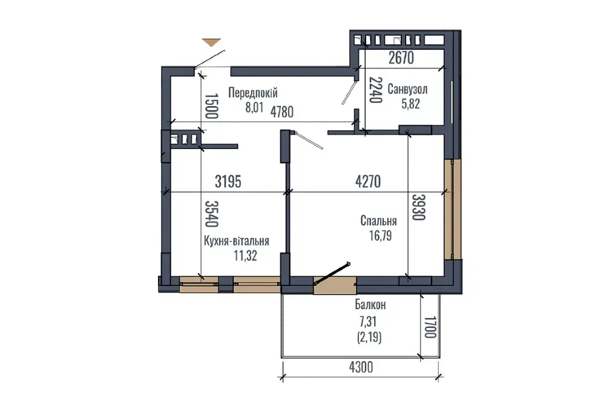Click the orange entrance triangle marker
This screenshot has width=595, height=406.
pos(211,42)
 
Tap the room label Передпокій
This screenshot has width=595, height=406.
pos(252,93)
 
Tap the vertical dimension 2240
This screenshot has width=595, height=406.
pos(375,91)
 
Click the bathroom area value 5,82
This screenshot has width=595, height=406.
pos(410,104)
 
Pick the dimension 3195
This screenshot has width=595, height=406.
pos(232,182)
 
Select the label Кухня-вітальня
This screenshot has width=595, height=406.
pos(237,241)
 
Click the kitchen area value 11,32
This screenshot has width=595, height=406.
pos(245,256)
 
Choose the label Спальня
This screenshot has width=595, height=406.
pos(378,222)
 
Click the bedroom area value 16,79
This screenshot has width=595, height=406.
pos(379,236)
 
